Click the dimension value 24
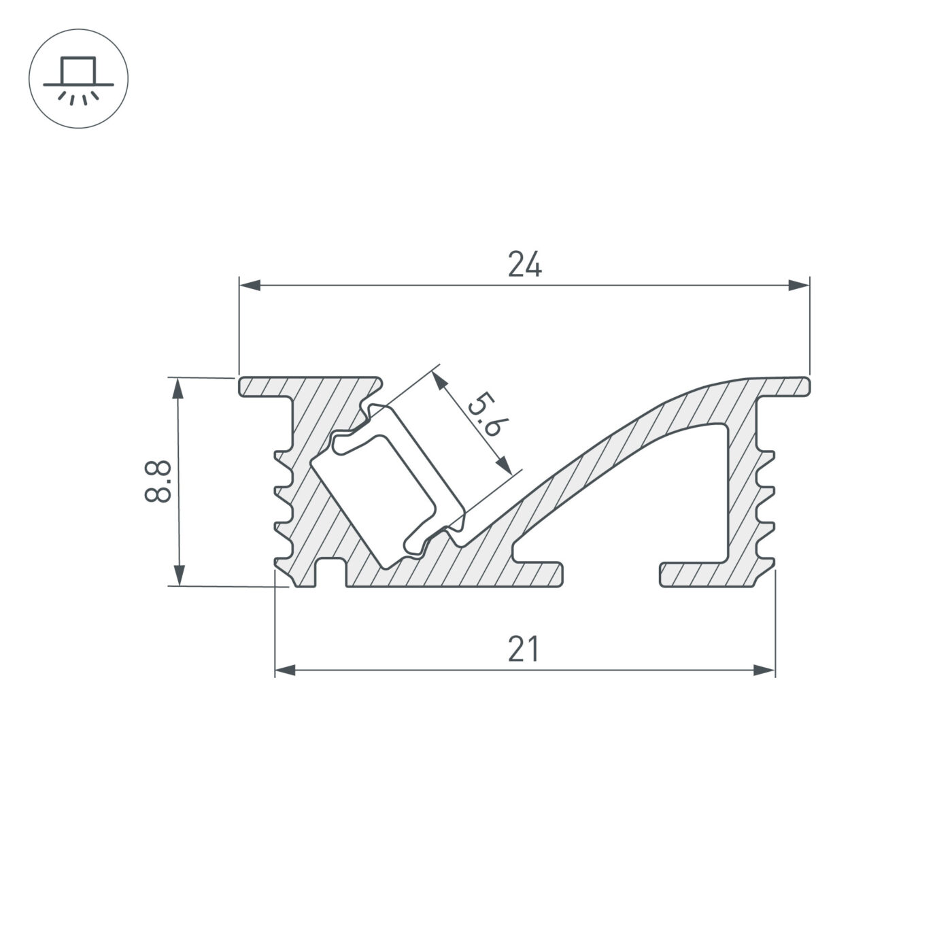(525, 265)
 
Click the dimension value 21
(524, 649)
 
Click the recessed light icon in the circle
(79, 78)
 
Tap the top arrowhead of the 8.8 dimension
(178, 388)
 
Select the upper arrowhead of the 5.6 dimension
(440, 380)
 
